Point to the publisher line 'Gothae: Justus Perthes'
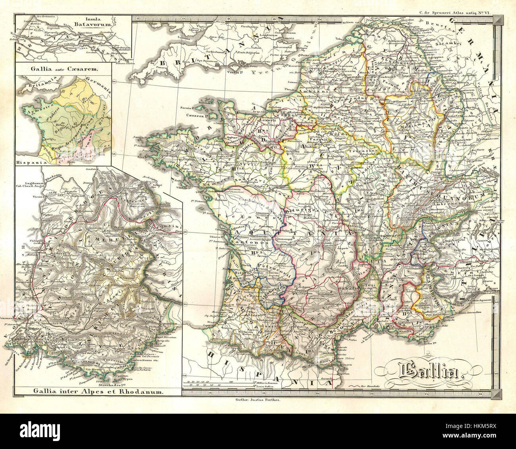point(258,400)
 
